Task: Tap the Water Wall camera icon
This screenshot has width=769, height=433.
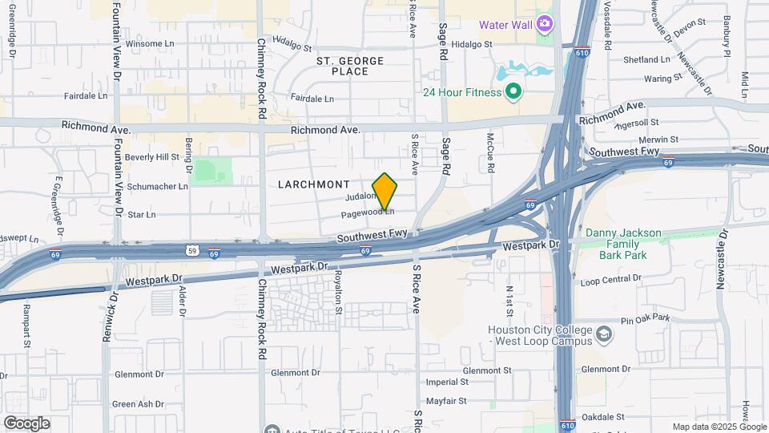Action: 545,23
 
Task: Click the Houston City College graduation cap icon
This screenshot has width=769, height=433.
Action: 603,332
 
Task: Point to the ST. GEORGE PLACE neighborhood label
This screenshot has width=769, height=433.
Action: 350,66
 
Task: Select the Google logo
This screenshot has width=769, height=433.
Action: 26,423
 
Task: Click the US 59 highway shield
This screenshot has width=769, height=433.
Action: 192,249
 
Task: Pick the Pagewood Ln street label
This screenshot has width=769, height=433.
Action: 368,214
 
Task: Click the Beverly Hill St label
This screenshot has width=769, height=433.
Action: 152,157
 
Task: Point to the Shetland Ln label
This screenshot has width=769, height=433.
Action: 646,59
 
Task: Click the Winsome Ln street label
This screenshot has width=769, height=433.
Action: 155,42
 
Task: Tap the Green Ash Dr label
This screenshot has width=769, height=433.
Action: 138,404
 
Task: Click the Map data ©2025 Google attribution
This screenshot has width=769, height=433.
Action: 719,427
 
